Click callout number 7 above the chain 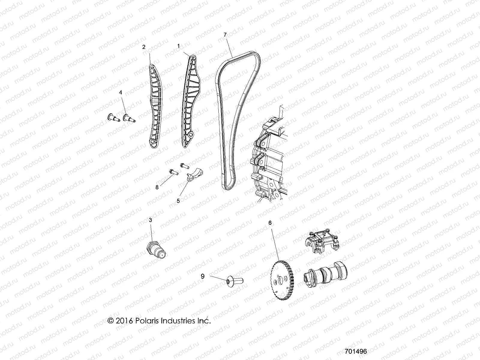225,35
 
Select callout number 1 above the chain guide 178,46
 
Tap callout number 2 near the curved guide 144,47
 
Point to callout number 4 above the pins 121,93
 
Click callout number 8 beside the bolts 157,187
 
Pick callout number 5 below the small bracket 178,201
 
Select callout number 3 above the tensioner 151,220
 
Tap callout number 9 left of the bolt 202,276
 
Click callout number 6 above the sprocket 270,223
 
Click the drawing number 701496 356,351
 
